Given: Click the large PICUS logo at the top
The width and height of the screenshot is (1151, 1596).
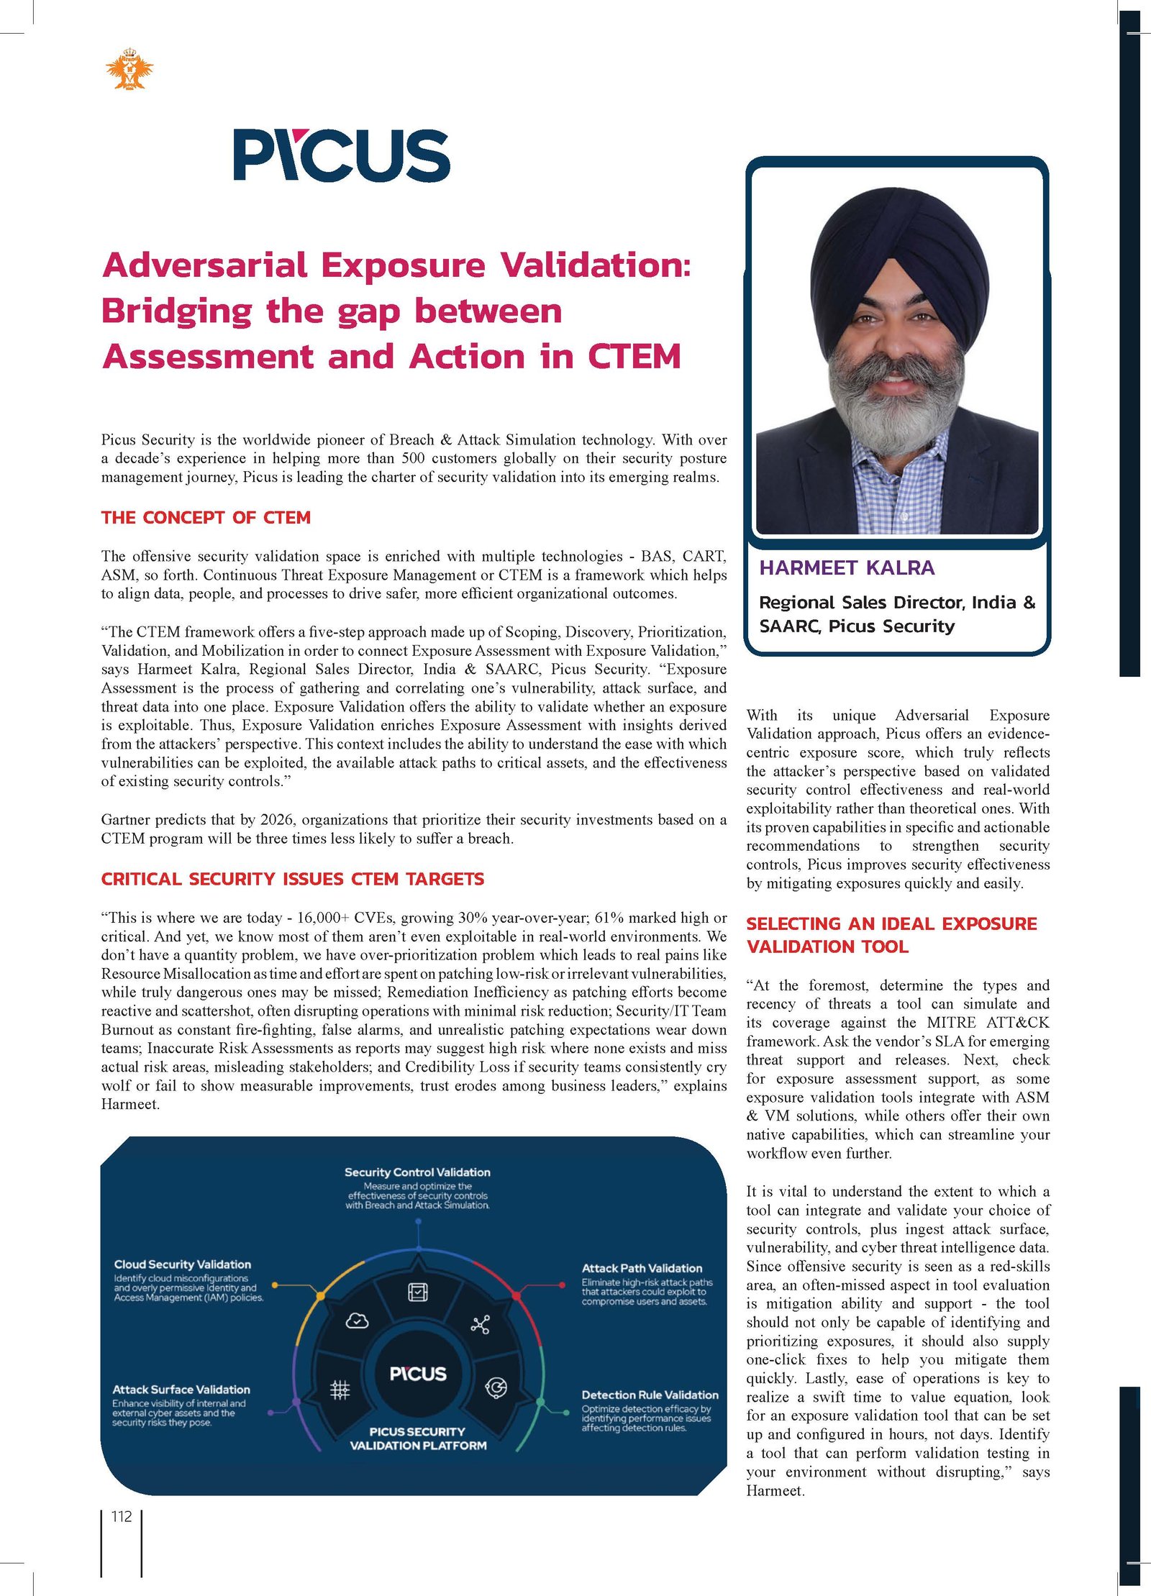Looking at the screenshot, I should [342, 155].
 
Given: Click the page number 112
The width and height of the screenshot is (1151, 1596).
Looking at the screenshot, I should [122, 1517].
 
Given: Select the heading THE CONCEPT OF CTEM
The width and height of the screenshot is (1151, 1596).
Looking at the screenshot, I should [206, 518].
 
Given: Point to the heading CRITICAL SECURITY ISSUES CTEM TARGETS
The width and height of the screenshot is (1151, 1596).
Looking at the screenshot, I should [292, 879].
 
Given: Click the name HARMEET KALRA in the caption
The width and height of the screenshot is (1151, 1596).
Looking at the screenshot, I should [847, 568].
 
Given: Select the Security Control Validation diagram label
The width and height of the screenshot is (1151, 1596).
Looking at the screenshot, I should [417, 1172].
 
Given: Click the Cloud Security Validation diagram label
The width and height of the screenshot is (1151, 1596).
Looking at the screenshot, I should [183, 1264].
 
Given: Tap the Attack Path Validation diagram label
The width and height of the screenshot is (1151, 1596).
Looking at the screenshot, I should [642, 1268].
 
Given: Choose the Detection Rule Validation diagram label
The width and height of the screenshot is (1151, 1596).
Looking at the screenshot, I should [650, 1395].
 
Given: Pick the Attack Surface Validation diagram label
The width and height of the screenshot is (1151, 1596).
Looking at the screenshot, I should [181, 1390].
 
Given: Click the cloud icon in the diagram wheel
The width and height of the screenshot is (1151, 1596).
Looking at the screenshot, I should [358, 1321].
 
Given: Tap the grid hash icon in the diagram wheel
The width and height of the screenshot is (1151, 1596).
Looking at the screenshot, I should [340, 1390].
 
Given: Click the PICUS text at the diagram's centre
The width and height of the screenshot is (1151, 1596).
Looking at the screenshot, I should [418, 1374].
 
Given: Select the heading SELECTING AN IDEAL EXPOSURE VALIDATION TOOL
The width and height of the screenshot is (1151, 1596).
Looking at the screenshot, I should [891, 935].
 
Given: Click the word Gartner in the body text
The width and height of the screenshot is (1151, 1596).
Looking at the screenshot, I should [127, 820].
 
